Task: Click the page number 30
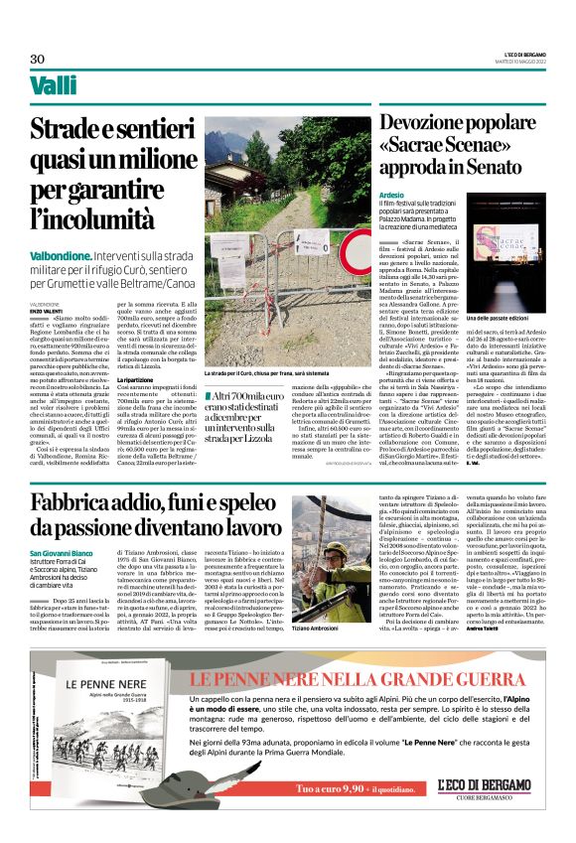[38, 59]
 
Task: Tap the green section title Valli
[54, 86]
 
